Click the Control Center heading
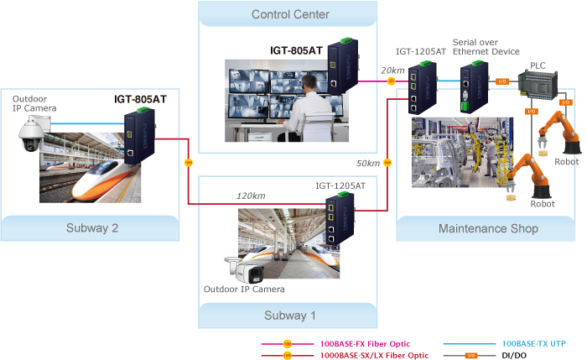pos(290,14)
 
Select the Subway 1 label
pos(290,316)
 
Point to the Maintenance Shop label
pos(488,228)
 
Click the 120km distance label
pos(250,196)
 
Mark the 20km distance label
pos(392,70)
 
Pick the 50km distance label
pos(367,163)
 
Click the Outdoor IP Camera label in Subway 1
pos(244,290)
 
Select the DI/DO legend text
pos(513,355)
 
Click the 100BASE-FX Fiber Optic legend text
pos(365,343)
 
